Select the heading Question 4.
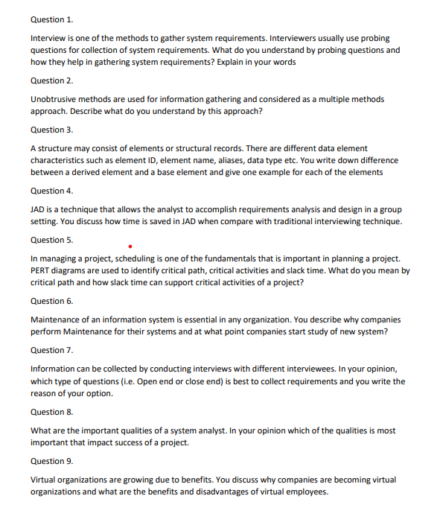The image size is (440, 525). click(51, 191)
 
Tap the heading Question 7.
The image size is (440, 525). click(51, 350)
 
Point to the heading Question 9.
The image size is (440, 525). click(51, 461)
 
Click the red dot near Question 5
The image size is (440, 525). click(130, 245)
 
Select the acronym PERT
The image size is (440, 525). click(42, 270)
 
